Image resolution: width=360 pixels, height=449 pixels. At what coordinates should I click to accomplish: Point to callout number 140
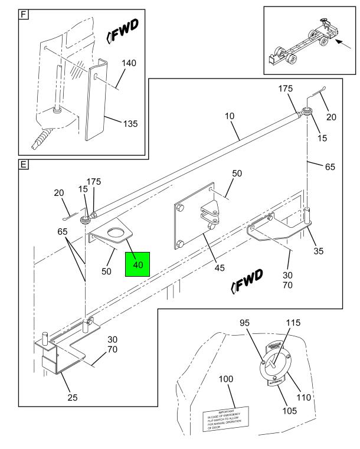pos(129,64)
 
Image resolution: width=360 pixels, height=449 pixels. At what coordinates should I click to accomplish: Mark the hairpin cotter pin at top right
pos(321,90)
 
